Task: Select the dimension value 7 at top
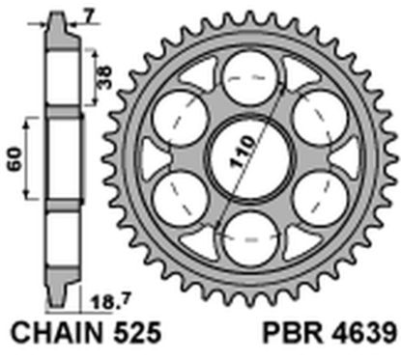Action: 88,14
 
